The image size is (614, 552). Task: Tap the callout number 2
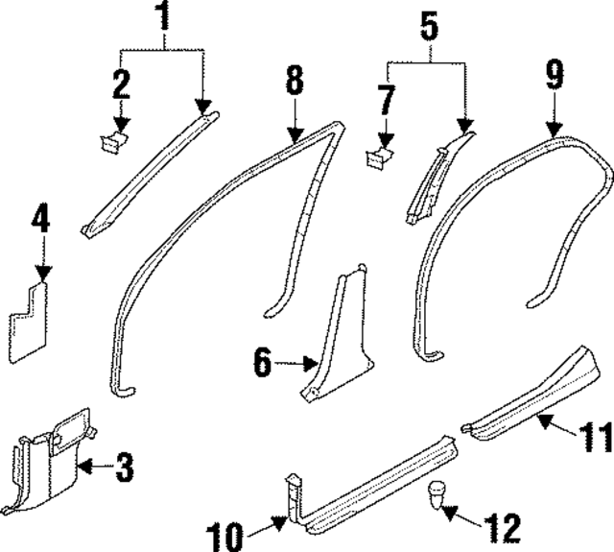[x=121, y=84]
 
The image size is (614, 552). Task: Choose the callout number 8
[x=295, y=81]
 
